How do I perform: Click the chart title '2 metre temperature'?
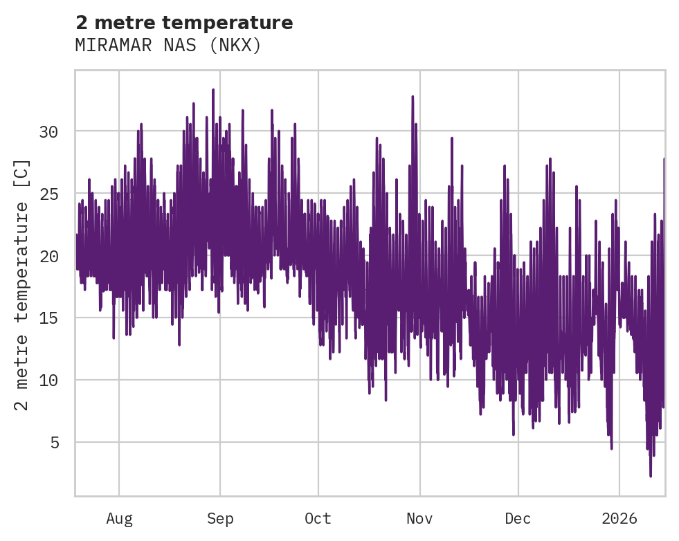click(184, 23)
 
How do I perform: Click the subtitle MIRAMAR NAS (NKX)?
click(168, 46)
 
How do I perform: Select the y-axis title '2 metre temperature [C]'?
click(22, 284)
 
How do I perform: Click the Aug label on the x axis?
click(119, 518)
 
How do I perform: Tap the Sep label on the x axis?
click(220, 518)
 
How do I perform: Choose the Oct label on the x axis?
click(318, 518)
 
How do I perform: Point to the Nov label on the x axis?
click(419, 518)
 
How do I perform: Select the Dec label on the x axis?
click(518, 518)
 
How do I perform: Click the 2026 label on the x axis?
click(619, 518)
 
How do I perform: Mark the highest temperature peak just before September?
click(213, 90)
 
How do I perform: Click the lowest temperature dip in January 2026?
click(651, 475)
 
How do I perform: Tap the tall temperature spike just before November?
click(413, 97)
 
